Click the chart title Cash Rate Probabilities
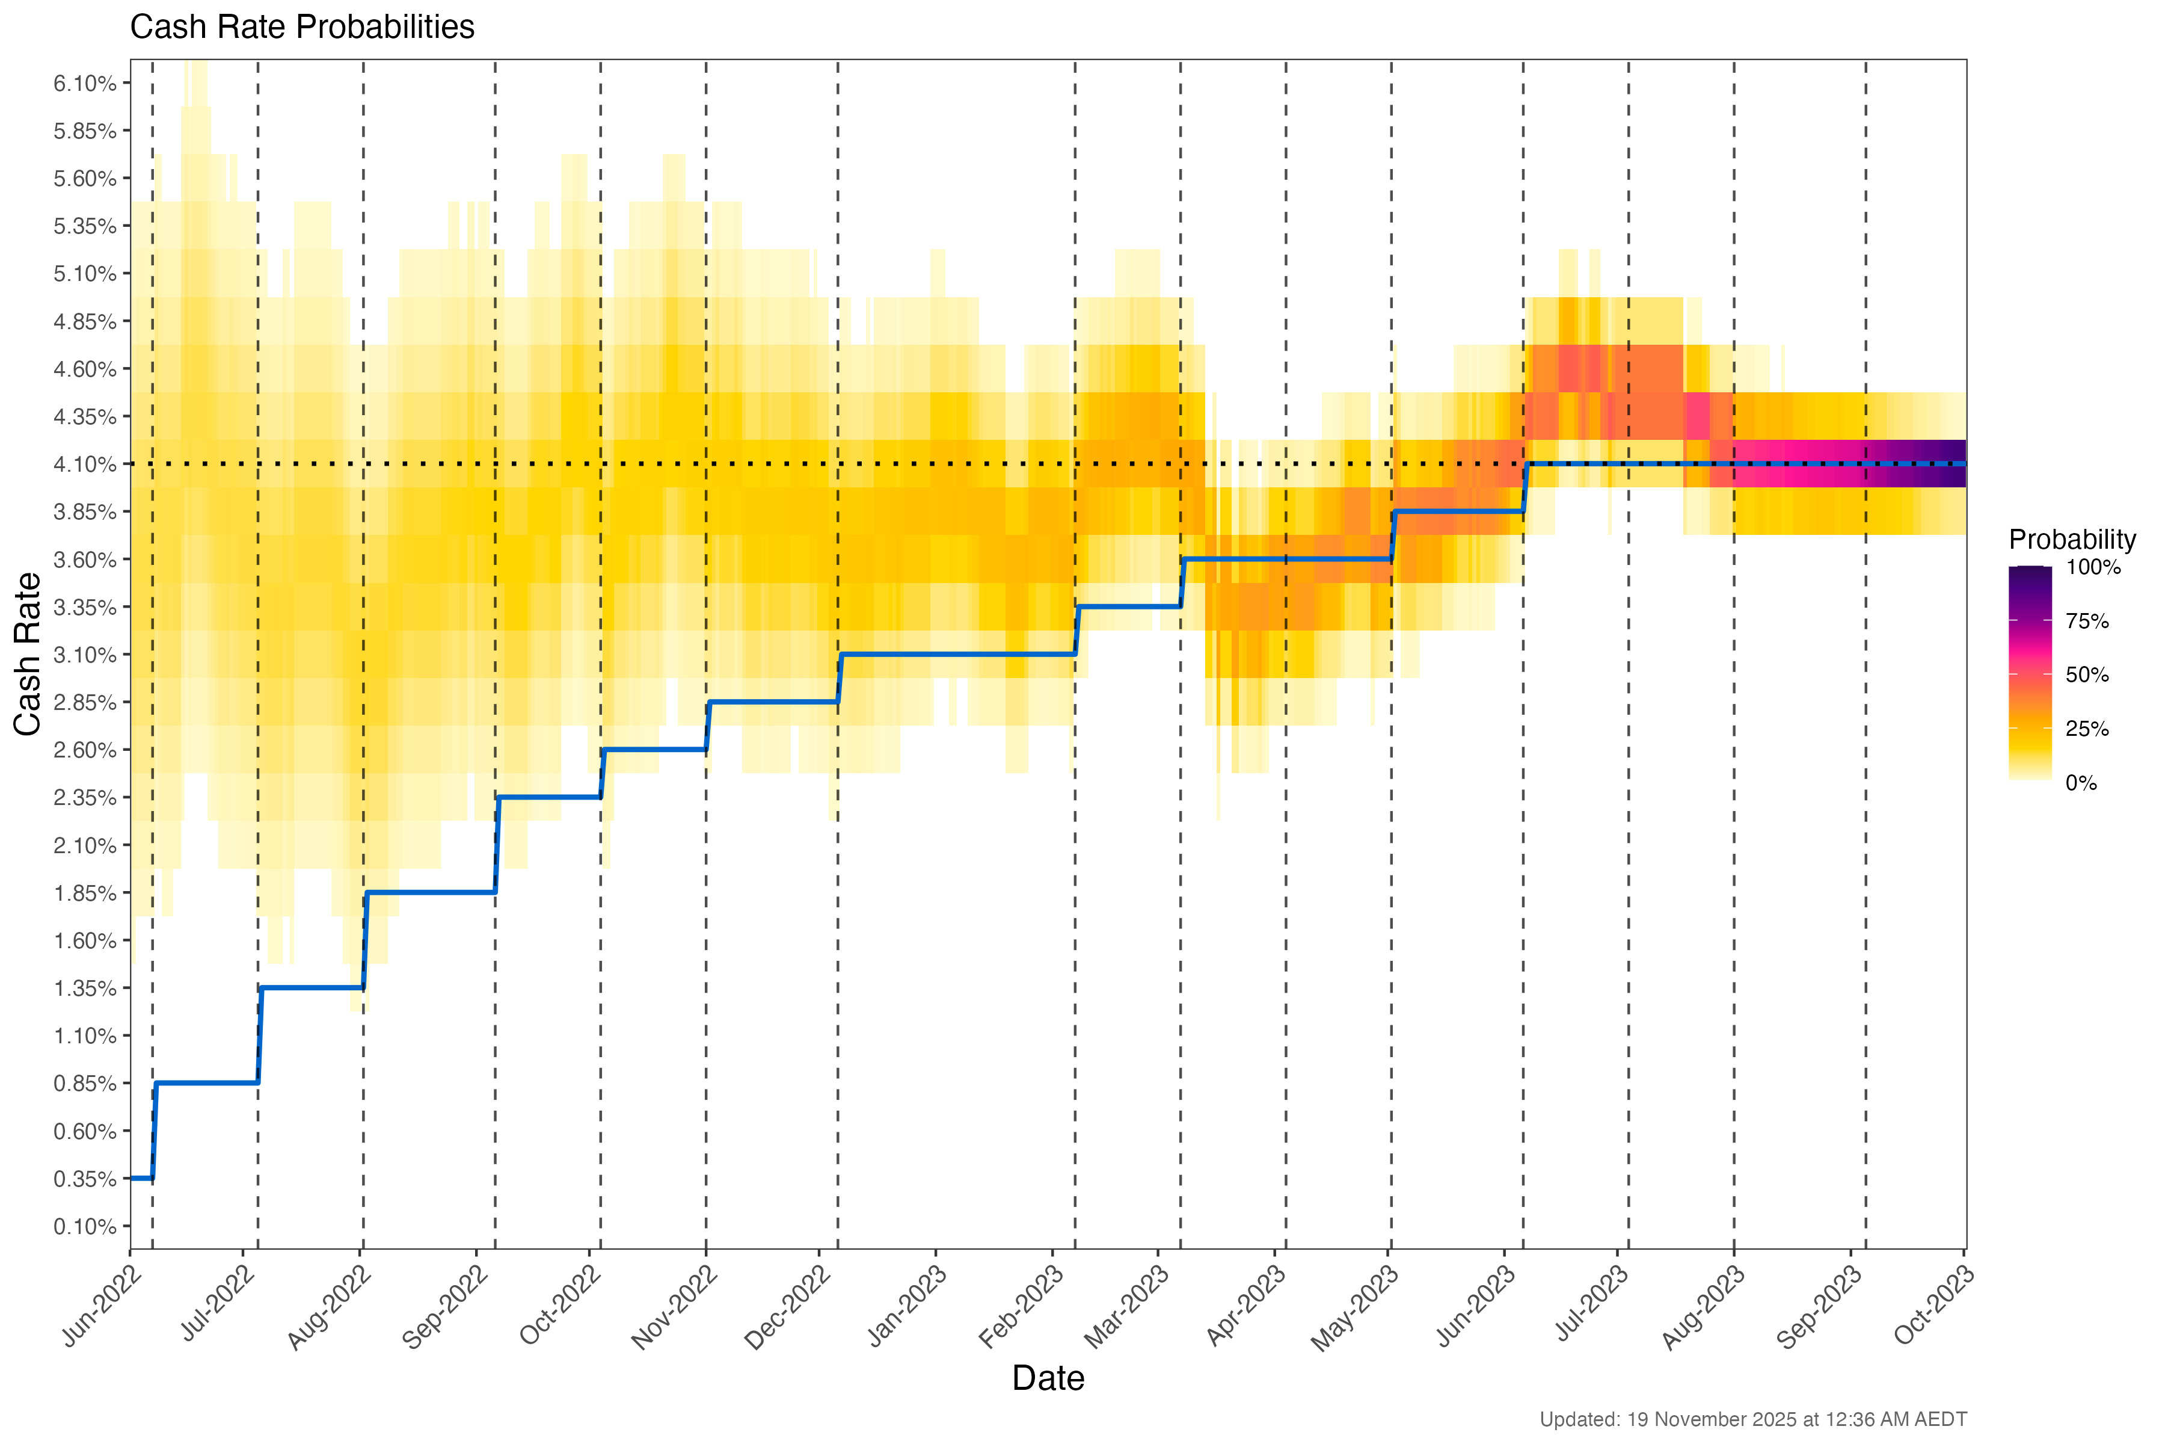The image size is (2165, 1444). click(x=302, y=28)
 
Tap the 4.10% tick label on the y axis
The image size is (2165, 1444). click(x=85, y=464)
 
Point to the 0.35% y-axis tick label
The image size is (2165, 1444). click(x=85, y=1179)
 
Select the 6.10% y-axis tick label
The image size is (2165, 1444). click(x=85, y=84)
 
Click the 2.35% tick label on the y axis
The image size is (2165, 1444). click(x=85, y=798)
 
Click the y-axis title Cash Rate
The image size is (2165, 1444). click(x=28, y=654)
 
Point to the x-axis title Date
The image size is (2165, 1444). click(x=1048, y=1378)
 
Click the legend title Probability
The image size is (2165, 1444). click(x=2072, y=540)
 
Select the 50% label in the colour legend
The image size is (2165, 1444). click(x=2087, y=675)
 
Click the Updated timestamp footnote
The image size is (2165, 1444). click(x=1752, y=1419)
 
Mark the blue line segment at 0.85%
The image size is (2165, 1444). click(x=207, y=1083)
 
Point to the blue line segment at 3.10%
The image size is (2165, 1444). click(x=957, y=654)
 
